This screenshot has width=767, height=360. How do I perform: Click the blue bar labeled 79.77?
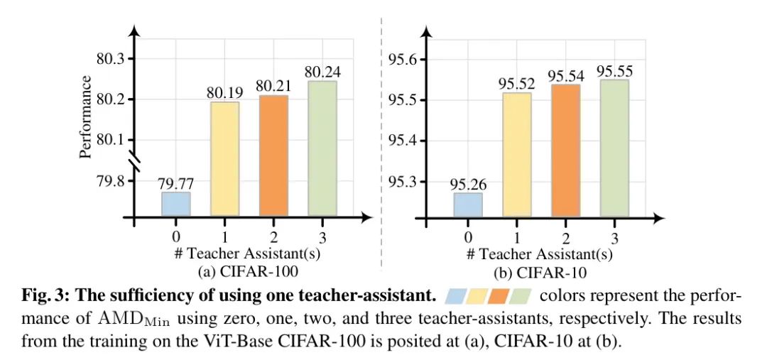tap(176, 204)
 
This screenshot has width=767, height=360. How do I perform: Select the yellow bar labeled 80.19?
tap(225, 159)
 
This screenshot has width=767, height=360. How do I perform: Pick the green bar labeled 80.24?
tap(322, 148)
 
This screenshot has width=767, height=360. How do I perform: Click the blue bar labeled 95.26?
tap(467, 204)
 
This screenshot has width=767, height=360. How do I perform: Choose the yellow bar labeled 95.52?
tap(516, 154)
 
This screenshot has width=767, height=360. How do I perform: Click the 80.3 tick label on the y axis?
tap(110, 59)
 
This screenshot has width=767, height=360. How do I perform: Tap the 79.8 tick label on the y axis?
tap(110, 182)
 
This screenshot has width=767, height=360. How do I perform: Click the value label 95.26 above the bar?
tap(467, 183)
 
